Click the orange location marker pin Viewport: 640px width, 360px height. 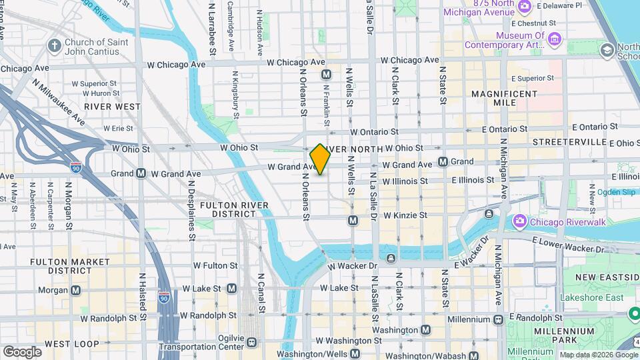320,159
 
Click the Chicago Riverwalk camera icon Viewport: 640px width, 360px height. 519,221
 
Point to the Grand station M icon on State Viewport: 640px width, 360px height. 443,162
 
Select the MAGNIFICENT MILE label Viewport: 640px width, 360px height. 503,99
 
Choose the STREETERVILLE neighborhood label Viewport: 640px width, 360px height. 566,143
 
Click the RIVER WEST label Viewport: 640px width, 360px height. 113,106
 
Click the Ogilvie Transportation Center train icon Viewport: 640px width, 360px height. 251,342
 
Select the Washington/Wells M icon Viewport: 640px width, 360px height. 355,354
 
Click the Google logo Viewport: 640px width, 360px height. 21,351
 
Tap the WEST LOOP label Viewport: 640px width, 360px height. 68,344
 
